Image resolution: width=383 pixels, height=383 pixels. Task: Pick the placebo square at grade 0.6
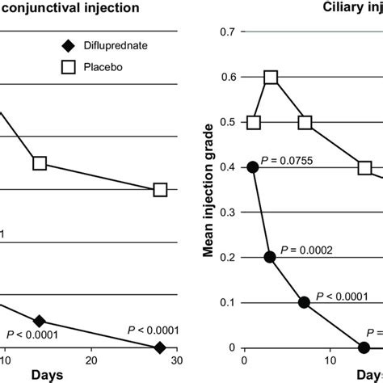tap(271, 78)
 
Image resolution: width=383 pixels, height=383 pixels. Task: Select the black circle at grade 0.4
tap(253, 167)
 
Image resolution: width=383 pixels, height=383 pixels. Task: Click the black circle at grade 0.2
tap(270, 258)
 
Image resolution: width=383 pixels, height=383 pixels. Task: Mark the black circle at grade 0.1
tap(304, 303)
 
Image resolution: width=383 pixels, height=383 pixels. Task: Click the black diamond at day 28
tap(160, 347)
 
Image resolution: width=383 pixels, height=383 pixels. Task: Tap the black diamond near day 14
tap(39, 322)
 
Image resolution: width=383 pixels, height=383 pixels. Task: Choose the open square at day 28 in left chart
tap(160, 190)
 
